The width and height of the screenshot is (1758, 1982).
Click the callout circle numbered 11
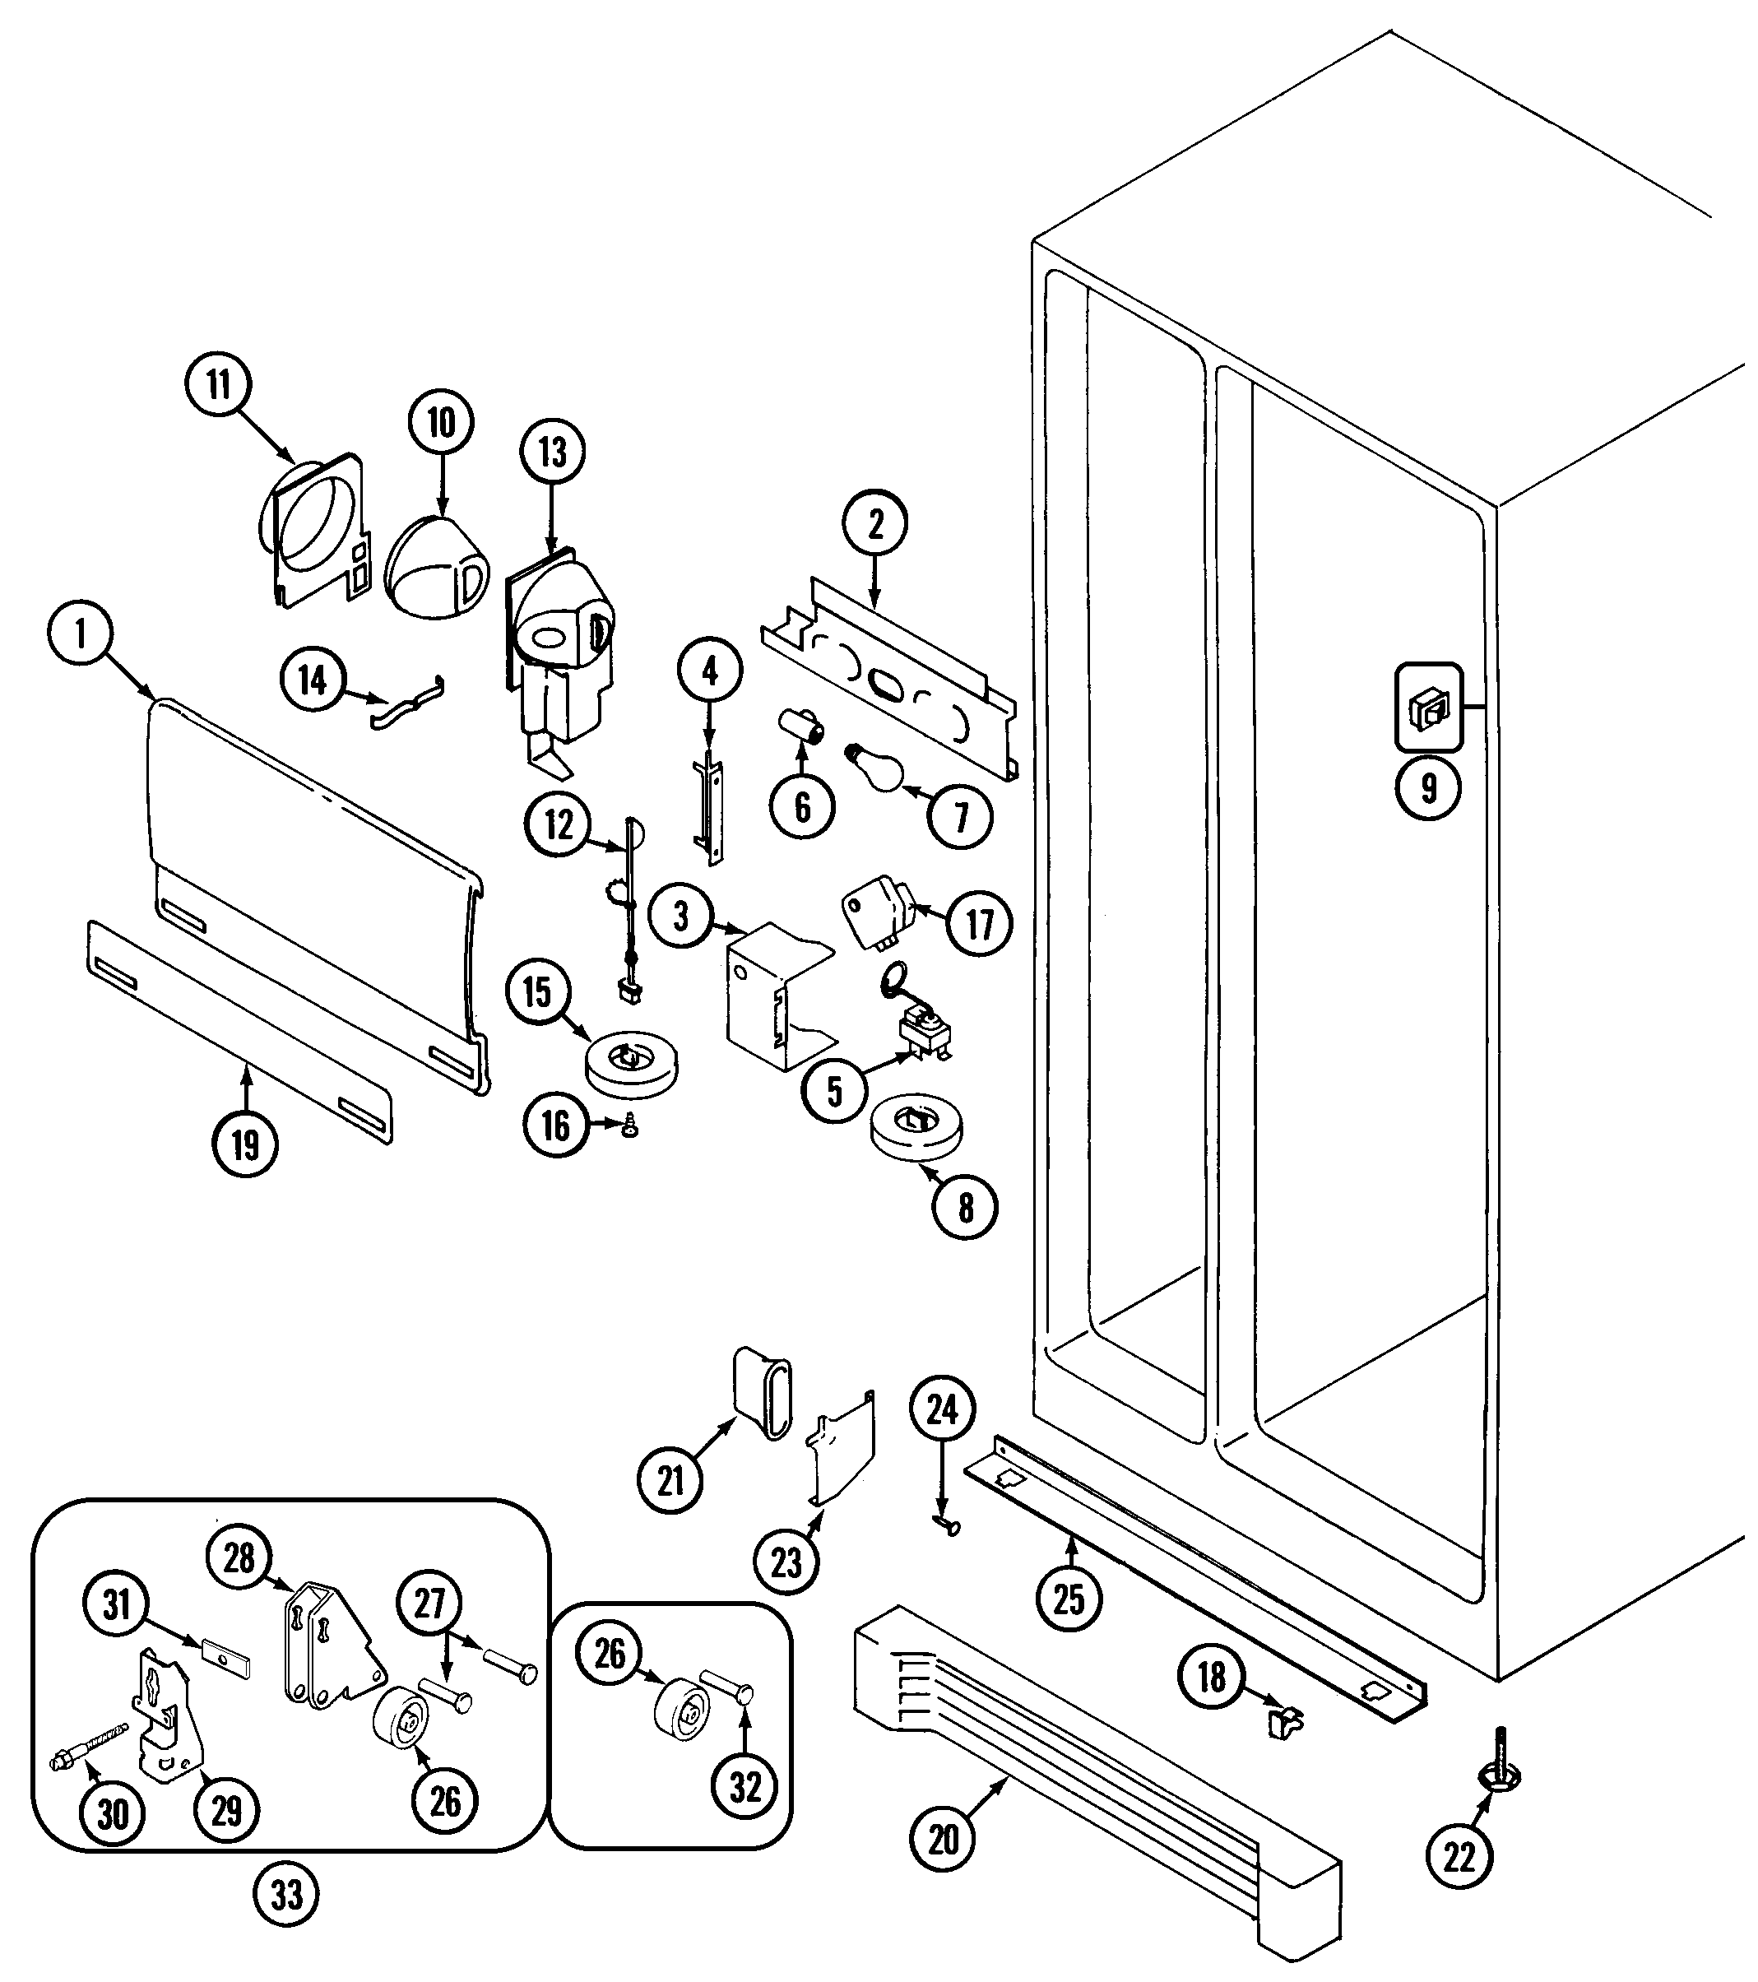coord(218,385)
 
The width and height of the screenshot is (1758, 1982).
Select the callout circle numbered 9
coord(1428,787)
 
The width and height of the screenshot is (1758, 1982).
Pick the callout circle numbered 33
coord(287,1895)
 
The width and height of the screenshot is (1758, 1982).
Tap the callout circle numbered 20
coord(944,1839)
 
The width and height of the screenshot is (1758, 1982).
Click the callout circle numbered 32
coord(744,1786)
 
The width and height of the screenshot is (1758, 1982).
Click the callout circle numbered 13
coord(553,452)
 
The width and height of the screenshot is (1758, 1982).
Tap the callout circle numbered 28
coord(239,1558)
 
